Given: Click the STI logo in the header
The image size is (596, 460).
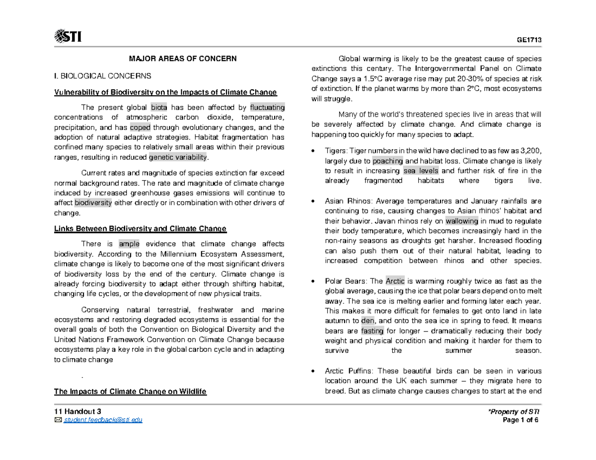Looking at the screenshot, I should (x=68, y=37).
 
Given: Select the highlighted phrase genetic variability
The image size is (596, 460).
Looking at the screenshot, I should (x=178, y=157).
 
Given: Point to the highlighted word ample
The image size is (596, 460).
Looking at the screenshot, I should (x=129, y=244).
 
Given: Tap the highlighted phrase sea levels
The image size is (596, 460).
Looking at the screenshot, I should (x=421, y=171).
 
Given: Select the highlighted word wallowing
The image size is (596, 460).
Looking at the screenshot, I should (x=462, y=221).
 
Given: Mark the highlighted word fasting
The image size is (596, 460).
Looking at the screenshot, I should (x=372, y=330).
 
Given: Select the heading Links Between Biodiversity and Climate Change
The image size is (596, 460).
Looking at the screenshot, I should (x=140, y=229).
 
